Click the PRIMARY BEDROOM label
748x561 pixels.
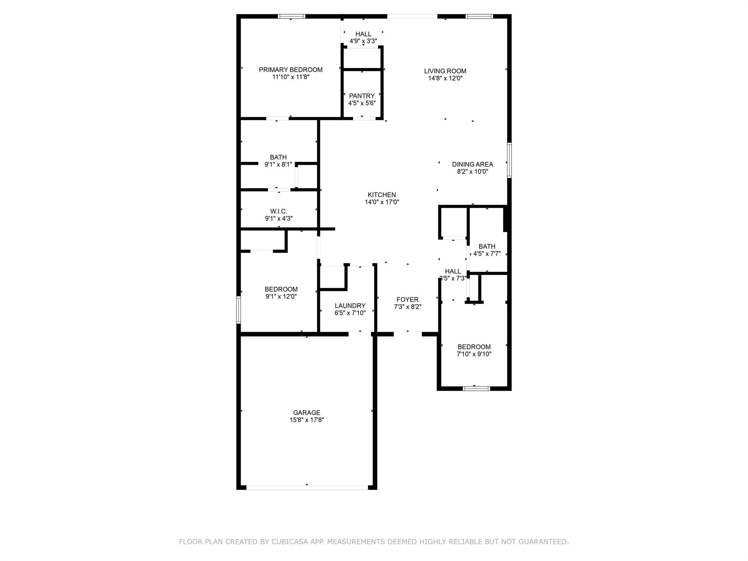click(291, 70)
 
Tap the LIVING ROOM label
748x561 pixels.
click(445, 71)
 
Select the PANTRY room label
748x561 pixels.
click(362, 96)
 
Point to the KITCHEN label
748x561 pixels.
click(382, 195)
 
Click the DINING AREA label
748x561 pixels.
click(473, 164)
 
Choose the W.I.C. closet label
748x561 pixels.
click(279, 211)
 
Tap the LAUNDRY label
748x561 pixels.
click(350, 306)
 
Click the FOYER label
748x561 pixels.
click(408, 299)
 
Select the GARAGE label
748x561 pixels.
click(307, 413)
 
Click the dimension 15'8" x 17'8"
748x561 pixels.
click(307, 420)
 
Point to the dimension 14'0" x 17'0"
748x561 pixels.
click(382, 202)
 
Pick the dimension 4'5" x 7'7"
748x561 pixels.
click(487, 253)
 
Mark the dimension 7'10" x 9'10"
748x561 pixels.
click(474, 354)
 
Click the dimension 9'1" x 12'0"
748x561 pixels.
click(281, 297)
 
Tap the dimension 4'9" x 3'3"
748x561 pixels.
click(363, 41)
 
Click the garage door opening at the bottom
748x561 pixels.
click(307, 487)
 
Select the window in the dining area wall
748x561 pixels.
click(510, 160)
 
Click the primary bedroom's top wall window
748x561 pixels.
click(291, 16)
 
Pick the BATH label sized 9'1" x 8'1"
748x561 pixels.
click(278, 157)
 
